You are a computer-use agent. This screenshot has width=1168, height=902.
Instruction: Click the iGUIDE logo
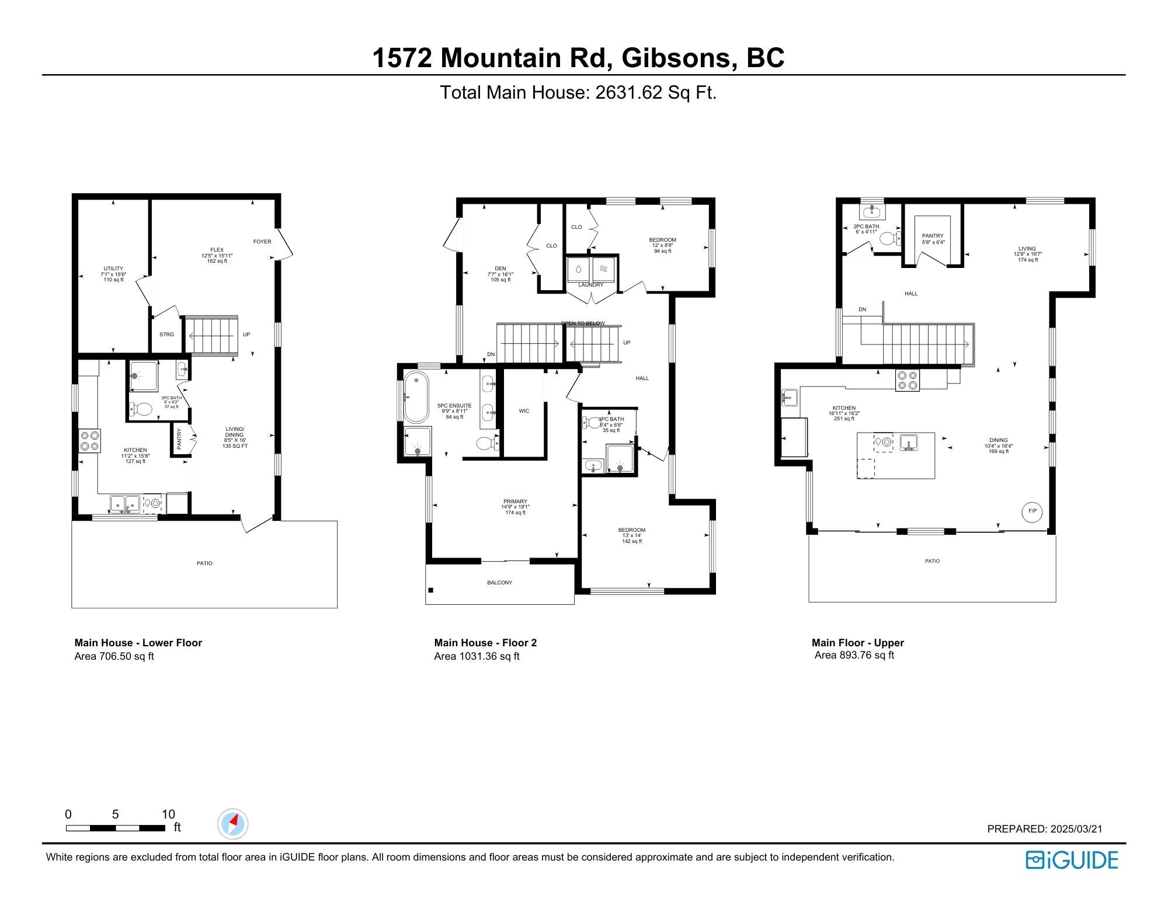pos(1072,860)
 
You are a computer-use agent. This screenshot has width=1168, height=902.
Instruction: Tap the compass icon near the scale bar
pos(232,824)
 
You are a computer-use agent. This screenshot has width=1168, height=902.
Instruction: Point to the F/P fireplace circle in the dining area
pos(1032,511)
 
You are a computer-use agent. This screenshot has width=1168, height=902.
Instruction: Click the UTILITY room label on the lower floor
pos(113,269)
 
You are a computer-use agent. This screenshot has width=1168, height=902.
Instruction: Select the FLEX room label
pos(217,250)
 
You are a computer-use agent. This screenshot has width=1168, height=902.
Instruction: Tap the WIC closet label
pos(524,411)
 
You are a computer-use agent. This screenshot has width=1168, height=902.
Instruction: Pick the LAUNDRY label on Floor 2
pos(590,285)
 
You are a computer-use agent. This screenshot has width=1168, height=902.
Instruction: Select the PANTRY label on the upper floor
pos(933,236)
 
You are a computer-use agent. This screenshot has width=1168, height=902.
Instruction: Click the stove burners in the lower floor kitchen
pos(89,440)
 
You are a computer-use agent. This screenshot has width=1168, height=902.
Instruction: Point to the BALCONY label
pos(499,583)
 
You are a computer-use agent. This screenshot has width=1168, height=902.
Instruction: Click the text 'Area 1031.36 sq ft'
pos(477,656)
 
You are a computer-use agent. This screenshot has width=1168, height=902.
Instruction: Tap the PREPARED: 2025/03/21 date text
pos(1044,828)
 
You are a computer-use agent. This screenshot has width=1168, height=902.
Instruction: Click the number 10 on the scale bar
pos(168,814)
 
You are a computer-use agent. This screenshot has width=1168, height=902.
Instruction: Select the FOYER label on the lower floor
pos(262,242)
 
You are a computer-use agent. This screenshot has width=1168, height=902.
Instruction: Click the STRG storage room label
pos(166,335)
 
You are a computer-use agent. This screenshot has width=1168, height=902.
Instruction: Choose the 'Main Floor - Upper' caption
pos(857,643)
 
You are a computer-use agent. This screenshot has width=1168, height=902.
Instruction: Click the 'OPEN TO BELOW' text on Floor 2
pos(583,323)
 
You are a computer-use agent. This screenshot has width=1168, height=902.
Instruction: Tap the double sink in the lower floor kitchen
pos(125,503)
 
